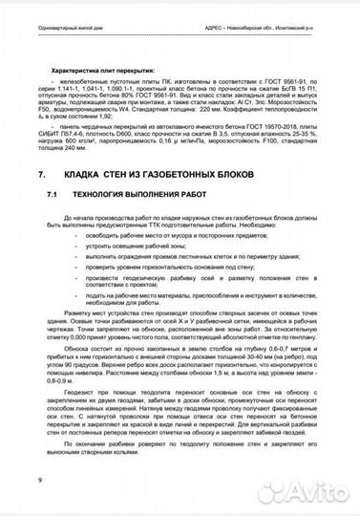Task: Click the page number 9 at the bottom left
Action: coord(39,478)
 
